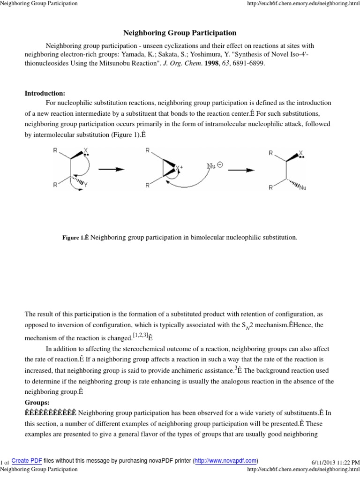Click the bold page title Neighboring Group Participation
click(x=180, y=33)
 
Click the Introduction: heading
click(x=45, y=93)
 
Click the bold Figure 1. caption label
click(x=75, y=238)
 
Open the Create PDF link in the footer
click(x=27, y=460)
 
